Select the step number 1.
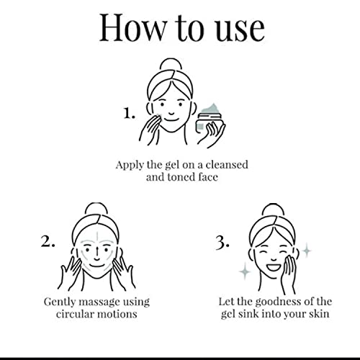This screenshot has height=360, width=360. [129, 113]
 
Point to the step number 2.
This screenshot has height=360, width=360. [48, 241]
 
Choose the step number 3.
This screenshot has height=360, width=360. [222, 243]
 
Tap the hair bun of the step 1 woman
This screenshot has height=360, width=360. [171, 65]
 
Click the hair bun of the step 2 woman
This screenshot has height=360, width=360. [96, 209]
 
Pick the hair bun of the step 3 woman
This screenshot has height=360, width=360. [273, 210]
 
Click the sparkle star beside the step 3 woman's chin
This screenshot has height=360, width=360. [245, 271]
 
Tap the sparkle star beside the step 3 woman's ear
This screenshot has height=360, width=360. [307, 251]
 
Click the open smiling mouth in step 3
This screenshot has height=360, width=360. [274, 267]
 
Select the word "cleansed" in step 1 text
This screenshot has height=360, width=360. [227, 165]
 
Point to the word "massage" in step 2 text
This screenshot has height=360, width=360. [99, 302]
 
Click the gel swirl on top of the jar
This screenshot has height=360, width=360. [212, 109]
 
